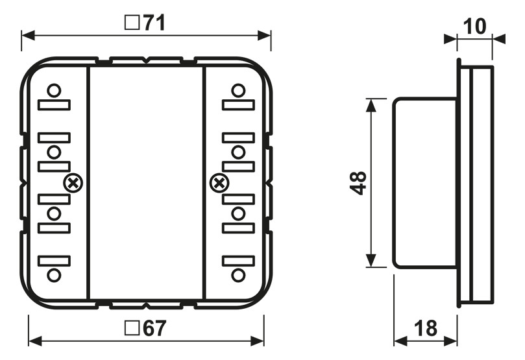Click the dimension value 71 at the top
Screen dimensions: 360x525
coord(154,23)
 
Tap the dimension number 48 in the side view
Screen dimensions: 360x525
coord(358,183)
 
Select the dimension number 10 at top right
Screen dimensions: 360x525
coord(476,27)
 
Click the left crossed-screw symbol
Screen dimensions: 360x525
coord(73,184)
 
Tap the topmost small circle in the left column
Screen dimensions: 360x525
coord(55,90)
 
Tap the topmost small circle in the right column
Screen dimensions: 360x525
coord(238,90)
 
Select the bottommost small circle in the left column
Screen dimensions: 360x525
coord(55,275)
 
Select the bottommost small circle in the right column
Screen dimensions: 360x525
coord(238,275)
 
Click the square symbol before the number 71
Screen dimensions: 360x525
coord(132,24)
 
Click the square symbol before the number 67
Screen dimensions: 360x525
coord(132,329)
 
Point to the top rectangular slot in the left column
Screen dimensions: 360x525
coord(54,104)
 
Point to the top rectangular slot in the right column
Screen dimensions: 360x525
coord(238,104)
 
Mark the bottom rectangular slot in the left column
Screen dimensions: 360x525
coord(54,261)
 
